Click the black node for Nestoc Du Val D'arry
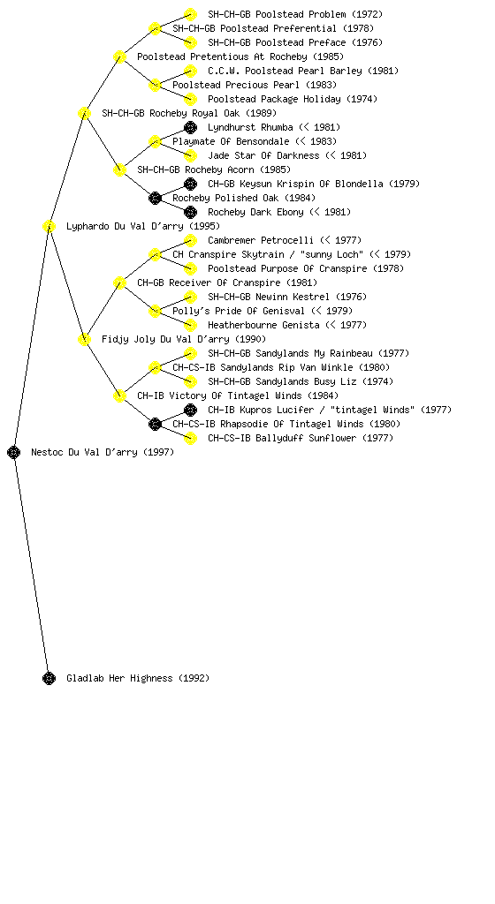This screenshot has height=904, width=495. coord(14,452)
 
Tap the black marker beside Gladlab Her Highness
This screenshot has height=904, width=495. coord(49,678)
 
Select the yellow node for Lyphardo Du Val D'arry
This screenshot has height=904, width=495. coord(49,226)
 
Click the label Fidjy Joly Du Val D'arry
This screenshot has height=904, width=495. coord(167,339)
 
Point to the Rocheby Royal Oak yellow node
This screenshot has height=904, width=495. coord(84,113)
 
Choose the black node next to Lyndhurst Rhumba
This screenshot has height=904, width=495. coord(190,127)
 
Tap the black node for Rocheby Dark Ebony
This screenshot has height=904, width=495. coord(190,212)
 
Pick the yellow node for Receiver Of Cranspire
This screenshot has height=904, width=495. coord(119,282)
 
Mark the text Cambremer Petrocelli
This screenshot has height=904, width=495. coord(261,240)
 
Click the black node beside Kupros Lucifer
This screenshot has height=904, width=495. coord(190,410)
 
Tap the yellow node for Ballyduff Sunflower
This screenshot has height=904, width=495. coord(190,438)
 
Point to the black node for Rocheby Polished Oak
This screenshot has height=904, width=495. coord(155,198)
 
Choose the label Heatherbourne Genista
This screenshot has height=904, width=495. coord(263,325)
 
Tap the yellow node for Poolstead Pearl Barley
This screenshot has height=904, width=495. coord(190,71)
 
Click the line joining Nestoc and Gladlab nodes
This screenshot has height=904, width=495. coord(32,565)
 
